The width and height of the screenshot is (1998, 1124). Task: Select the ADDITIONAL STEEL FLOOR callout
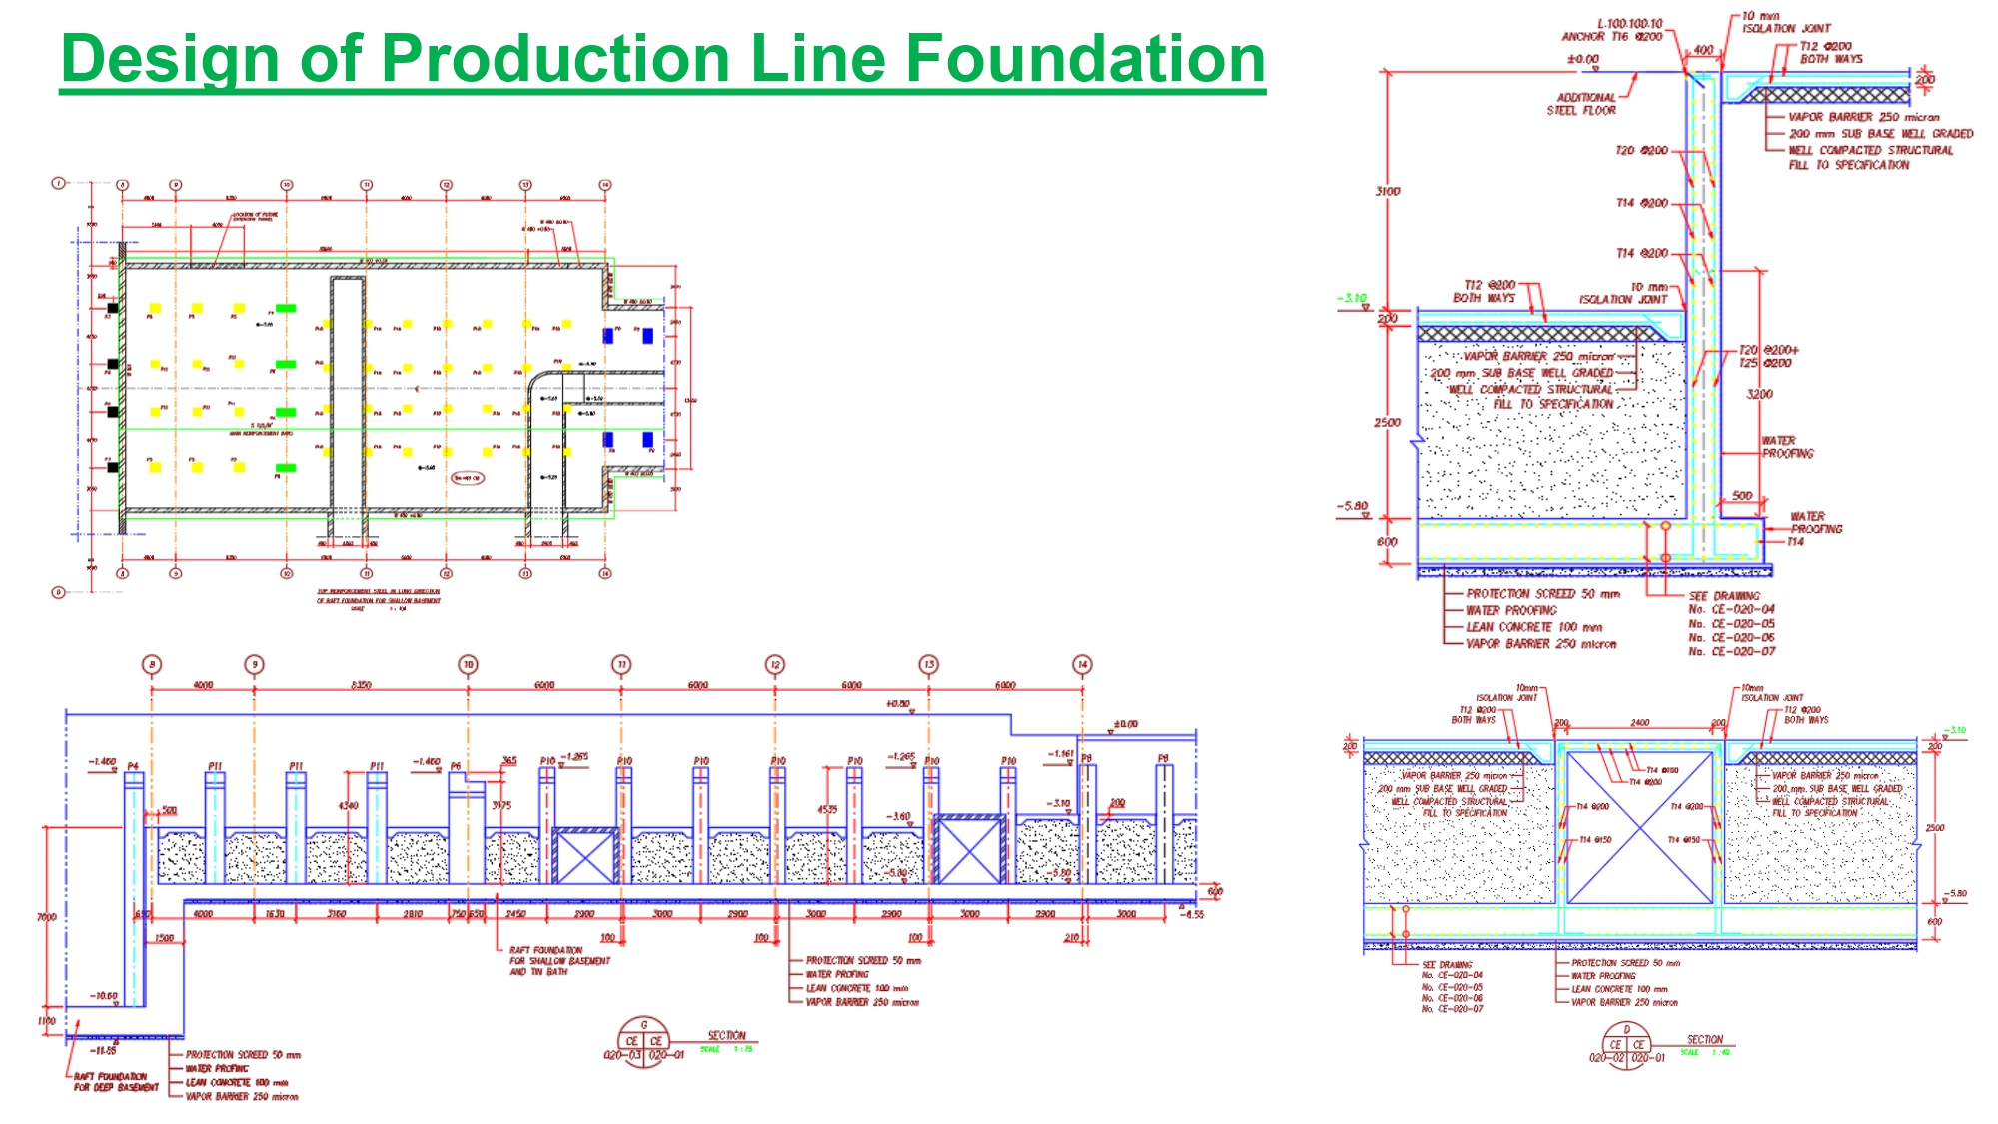point(1582,104)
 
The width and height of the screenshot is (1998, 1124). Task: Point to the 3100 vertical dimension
point(1388,191)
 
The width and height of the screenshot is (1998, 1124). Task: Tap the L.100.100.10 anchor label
point(1629,24)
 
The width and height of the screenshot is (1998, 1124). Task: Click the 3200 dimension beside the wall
point(1759,394)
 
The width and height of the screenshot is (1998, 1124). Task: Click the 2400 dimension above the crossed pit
point(1640,722)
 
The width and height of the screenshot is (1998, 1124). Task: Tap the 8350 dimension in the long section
point(361,685)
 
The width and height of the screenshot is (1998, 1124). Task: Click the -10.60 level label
point(104,996)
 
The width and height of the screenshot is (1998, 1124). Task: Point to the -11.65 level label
point(103,1050)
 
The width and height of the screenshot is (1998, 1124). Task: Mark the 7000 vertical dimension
point(46,916)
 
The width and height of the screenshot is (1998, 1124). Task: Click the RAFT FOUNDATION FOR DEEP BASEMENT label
point(115,1082)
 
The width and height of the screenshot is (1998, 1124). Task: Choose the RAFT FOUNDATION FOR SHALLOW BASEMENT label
point(559,960)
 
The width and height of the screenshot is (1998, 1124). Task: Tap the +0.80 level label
point(897,704)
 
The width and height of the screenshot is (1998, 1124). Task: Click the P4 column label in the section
point(132,766)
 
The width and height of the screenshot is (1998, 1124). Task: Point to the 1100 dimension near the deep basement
point(46,1021)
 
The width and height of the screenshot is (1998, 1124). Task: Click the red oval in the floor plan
point(468,478)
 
